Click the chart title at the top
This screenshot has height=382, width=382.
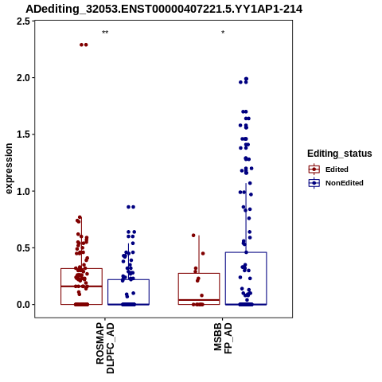click(x=164, y=10)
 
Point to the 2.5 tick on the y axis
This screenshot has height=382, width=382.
click(x=23, y=21)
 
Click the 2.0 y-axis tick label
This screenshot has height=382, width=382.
click(x=23, y=78)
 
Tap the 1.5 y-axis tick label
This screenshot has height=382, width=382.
click(x=23, y=134)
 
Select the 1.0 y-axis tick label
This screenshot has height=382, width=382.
click(x=23, y=191)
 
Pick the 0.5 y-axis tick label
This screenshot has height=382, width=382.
click(x=23, y=248)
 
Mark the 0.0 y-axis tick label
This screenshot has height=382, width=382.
click(x=23, y=305)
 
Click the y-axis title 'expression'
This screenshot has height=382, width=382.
click(x=9, y=169)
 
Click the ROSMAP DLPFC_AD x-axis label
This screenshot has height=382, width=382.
click(x=105, y=348)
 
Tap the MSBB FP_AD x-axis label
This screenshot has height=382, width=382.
click(x=223, y=338)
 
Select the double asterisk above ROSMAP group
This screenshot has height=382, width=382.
click(x=105, y=33)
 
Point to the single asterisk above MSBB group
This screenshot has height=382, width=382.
click(x=223, y=33)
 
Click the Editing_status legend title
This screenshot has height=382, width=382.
click(x=340, y=154)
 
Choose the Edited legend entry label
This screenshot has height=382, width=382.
click(x=337, y=170)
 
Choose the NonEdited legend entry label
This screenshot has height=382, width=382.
click(x=345, y=183)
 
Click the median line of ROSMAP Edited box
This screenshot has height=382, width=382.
click(x=81, y=286)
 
